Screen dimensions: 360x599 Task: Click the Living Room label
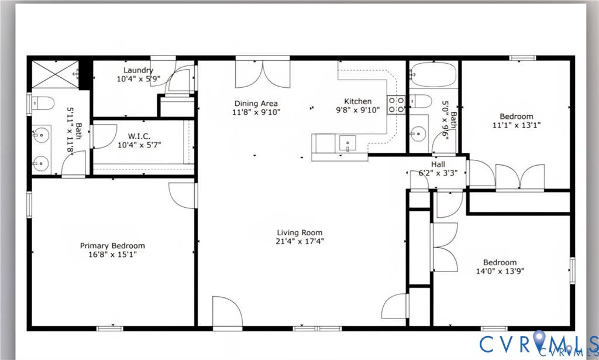(299, 232)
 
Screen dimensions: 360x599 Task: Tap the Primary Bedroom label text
(112, 246)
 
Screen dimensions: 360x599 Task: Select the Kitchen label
(357, 101)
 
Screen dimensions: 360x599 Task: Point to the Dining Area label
(256, 104)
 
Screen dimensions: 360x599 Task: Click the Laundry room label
(138, 71)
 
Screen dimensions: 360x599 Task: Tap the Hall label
(439, 165)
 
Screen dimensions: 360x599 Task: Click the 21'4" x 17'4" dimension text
(299, 241)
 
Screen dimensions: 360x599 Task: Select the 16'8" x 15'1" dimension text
(112, 254)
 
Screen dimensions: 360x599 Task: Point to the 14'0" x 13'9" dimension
(500, 270)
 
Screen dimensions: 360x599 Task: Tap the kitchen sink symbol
(347, 143)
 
